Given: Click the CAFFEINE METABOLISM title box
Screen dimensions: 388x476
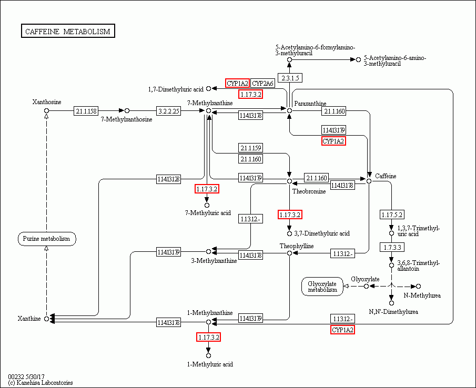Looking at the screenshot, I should [x=68, y=32].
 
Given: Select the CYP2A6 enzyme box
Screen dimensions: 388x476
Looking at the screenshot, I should [x=262, y=83].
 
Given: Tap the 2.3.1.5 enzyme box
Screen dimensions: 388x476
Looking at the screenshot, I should [x=290, y=78].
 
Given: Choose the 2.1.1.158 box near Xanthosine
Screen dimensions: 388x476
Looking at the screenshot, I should [x=86, y=111].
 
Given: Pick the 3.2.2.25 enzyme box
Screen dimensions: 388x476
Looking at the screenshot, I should [x=169, y=111].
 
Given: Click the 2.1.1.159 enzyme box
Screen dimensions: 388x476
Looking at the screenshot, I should [x=251, y=148].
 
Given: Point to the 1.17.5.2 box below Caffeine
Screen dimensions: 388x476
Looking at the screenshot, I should [x=391, y=215].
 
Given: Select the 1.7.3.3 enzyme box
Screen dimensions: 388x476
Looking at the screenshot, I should [x=391, y=247].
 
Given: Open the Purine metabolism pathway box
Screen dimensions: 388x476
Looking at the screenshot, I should [x=47, y=239].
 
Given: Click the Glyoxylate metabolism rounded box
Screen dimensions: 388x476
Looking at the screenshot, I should [x=322, y=287].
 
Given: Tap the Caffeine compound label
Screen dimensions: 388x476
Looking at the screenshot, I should [x=386, y=176].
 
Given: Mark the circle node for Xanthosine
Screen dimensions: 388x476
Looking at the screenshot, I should [x=46, y=110].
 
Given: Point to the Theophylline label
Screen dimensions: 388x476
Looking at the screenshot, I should [x=297, y=246].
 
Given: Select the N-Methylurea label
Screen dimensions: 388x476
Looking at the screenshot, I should [x=422, y=295].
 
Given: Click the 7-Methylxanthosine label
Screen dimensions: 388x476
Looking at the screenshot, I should [x=126, y=119].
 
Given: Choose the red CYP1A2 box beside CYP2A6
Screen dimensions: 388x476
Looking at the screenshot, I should [x=237, y=83].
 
